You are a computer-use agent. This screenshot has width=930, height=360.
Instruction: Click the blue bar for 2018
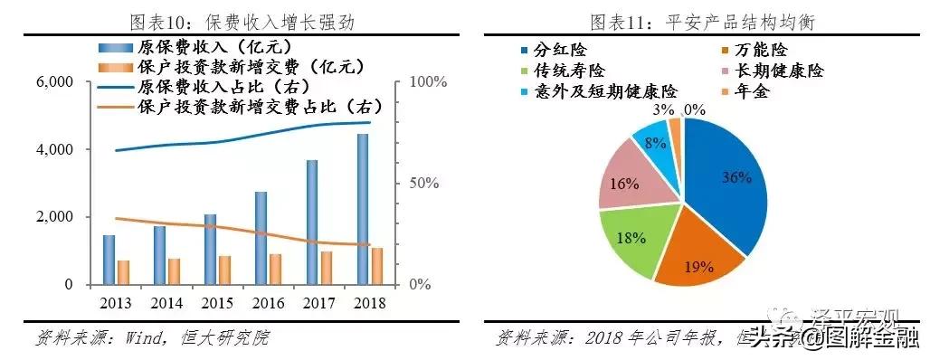pos(362,209)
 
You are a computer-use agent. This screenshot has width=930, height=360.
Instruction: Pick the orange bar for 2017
pos(327,268)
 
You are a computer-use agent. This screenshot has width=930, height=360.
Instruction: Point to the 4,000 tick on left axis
pos(56,149)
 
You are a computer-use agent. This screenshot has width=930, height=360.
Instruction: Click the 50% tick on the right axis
pos(422,184)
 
